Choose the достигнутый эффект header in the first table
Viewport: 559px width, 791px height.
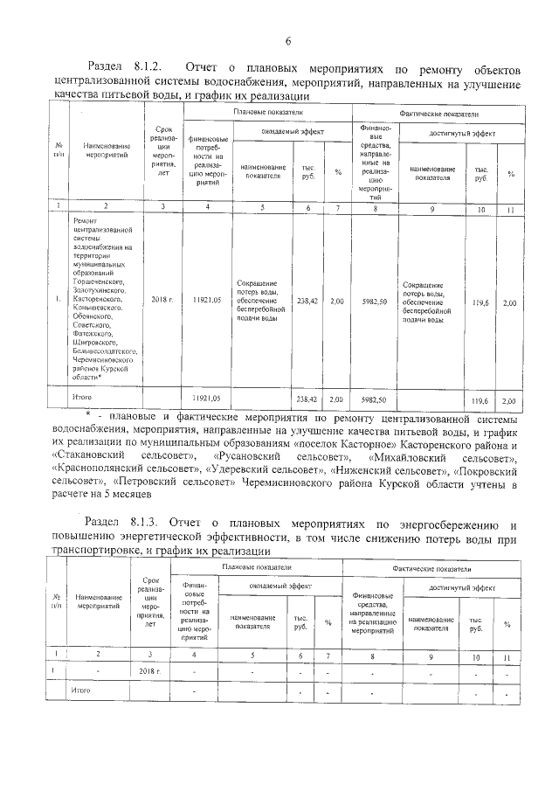coord(462,132)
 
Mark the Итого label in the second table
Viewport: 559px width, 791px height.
coord(81,690)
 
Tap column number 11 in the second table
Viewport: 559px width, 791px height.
coord(507,655)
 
